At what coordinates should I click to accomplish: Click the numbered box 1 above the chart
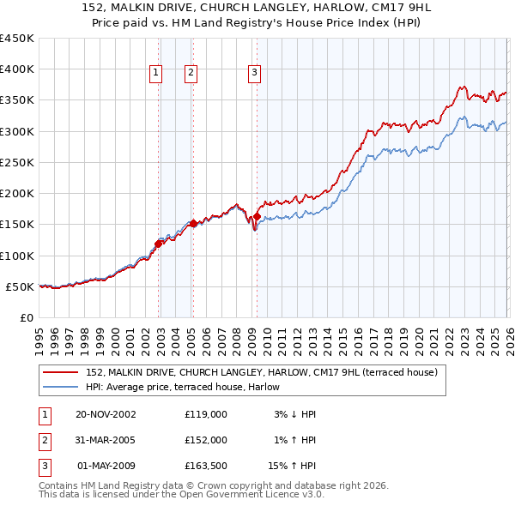[156, 74]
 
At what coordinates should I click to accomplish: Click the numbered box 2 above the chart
[191, 74]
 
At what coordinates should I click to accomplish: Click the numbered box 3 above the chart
[255, 74]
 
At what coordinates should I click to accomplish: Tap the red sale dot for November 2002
[159, 244]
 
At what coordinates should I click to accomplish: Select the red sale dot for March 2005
[193, 223]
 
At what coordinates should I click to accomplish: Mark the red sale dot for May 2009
[257, 216]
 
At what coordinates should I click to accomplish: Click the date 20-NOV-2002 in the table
[106, 414]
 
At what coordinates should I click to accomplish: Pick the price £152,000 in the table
[205, 440]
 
